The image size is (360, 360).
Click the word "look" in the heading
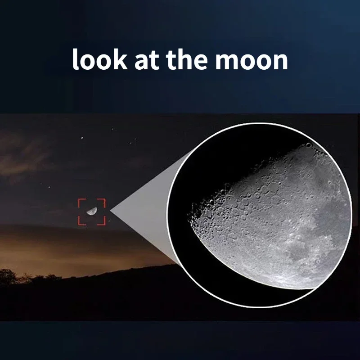click(x=99, y=59)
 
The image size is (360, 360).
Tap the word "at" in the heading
click(x=147, y=60)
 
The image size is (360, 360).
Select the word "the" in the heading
click(x=186, y=59)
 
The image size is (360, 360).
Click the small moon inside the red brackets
click(x=92, y=211)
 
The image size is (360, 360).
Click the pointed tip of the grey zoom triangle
click(x=110, y=210)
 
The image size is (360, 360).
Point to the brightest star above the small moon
click(x=82, y=138)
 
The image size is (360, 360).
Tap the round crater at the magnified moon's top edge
click(x=309, y=145)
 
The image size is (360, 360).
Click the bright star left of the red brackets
click(x=49, y=187)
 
